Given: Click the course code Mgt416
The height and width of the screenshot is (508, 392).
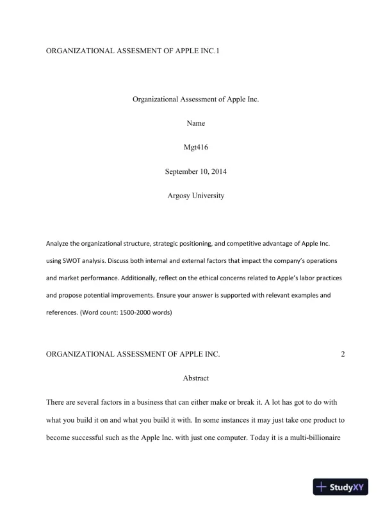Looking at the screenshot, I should click(196, 148).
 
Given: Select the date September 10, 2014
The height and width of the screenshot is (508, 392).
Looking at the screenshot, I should click(196, 171).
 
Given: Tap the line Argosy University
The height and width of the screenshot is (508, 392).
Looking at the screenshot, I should click(196, 196).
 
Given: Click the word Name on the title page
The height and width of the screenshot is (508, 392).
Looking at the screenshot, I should click(196, 123).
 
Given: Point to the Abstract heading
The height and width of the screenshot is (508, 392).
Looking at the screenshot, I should click(196, 378).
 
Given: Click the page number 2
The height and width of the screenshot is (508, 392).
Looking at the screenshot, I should click(343, 354).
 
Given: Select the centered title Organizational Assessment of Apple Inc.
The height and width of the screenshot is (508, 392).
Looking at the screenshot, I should click(196, 99).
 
